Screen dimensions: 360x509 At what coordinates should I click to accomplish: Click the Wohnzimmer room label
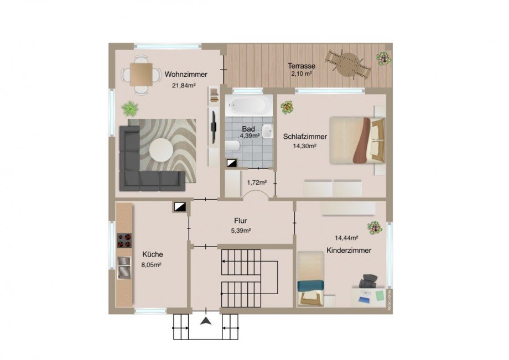[186, 74]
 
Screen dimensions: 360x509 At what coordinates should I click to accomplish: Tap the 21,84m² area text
[184, 85]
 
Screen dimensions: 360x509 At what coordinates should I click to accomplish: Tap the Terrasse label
[302, 66]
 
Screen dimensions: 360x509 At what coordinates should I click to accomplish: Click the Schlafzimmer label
[305, 136]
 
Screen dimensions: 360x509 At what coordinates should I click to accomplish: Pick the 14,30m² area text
[305, 146]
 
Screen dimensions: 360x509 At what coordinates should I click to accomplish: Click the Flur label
[241, 220]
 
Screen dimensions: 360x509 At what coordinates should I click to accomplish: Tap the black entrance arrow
[206, 321]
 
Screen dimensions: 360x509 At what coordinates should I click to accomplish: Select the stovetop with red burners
[124, 241]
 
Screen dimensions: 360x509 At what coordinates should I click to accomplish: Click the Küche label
[152, 254]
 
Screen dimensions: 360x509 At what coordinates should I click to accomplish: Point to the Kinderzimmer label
[349, 250]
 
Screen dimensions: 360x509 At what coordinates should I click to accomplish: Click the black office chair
[367, 281]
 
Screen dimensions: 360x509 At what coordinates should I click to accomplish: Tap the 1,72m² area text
[257, 182]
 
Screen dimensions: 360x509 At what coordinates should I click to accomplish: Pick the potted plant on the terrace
[382, 58]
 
